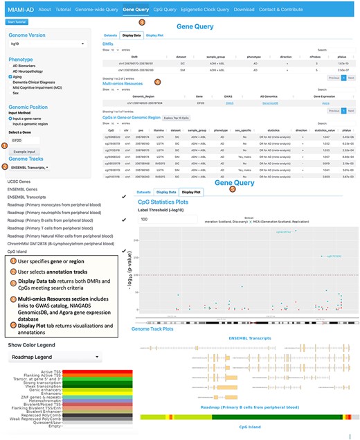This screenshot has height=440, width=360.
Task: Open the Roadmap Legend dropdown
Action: (54, 358)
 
